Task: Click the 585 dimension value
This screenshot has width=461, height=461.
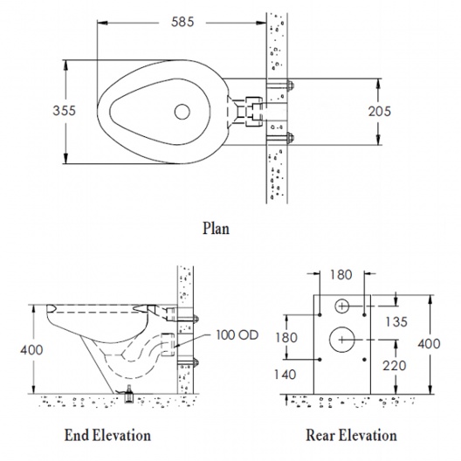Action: click(x=182, y=22)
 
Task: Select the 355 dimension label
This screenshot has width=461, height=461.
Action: click(x=64, y=111)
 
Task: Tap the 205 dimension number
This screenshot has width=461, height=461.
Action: click(x=380, y=111)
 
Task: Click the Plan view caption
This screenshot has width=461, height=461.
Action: click(x=217, y=228)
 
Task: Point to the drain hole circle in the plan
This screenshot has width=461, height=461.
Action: click(x=182, y=112)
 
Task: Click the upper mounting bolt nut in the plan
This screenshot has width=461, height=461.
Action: click(x=290, y=86)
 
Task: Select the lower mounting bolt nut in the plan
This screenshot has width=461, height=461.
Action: click(x=290, y=137)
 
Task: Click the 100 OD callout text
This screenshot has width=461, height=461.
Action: click(x=237, y=335)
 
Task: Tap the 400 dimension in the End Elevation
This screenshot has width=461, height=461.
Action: click(x=31, y=350)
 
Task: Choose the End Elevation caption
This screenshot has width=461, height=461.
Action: click(x=107, y=435)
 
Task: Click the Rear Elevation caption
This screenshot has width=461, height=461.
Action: click(x=351, y=435)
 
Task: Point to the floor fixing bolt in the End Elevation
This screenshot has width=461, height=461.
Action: click(x=128, y=394)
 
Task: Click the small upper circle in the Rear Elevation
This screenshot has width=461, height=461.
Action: click(x=342, y=306)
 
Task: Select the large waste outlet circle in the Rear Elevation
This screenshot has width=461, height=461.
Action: click(x=342, y=340)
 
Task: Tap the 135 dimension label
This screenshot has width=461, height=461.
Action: click(x=396, y=321)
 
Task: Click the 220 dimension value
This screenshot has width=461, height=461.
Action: click(x=395, y=366)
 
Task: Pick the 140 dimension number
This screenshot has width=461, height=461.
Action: click(x=286, y=375)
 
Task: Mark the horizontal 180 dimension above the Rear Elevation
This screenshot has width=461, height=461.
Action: click(x=341, y=275)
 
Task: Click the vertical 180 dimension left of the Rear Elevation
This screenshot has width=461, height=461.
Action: click(x=286, y=338)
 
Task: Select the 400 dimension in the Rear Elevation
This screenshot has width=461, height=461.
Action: click(x=429, y=344)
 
